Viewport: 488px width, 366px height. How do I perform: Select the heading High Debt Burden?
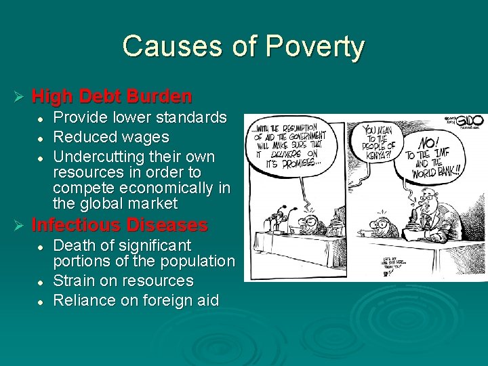[112, 96]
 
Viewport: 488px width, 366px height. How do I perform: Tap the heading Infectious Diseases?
[119, 224]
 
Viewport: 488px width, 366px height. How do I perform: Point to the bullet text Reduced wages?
[111, 138]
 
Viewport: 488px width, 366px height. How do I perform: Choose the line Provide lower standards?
[140, 118]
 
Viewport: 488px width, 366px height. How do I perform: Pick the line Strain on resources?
[123, 281]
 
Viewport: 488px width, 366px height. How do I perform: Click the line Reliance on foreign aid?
[136, 300]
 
